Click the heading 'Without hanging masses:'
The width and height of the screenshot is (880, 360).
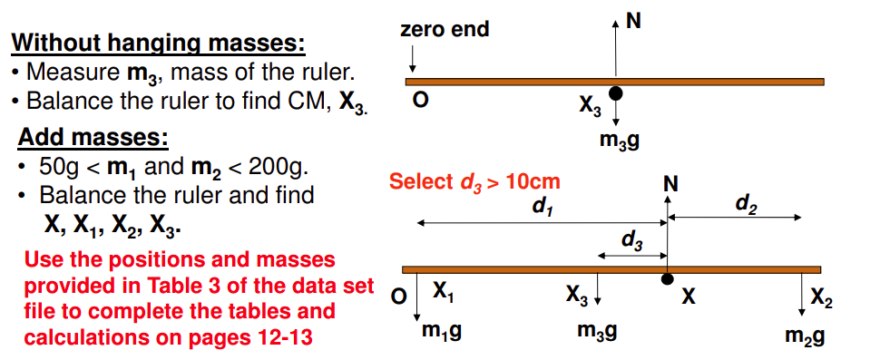coord(158,43)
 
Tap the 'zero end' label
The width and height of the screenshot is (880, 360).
coord(445,30)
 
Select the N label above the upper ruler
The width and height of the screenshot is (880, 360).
coord(632,24)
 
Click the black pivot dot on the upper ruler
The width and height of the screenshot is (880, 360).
coord(616,92)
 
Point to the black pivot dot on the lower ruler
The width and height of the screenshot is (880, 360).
coord(667,279)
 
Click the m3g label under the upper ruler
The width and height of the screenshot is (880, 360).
coord(618,141)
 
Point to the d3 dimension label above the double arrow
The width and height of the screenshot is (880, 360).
coord(632,240)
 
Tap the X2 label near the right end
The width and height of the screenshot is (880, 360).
coord(820,297)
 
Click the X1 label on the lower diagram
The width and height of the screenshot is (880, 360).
coord(443,292)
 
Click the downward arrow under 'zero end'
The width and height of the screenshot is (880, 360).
coord(414,60)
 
